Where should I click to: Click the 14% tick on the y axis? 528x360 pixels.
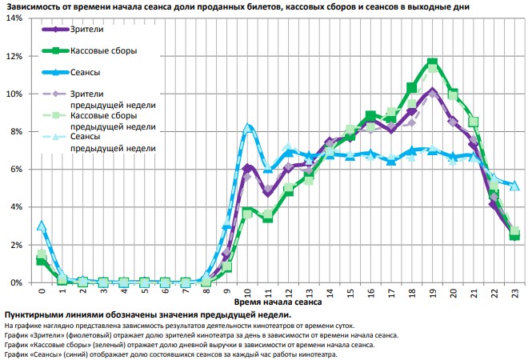[14, 18]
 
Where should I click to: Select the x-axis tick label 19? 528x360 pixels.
[433, 293]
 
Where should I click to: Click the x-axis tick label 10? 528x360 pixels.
[247, 293]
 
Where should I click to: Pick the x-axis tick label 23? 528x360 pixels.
[515, 293]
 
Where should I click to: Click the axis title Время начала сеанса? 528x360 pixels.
[278, 304]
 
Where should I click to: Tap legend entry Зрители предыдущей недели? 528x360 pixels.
[112, 99]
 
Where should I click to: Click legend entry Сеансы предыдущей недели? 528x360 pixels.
[112, 142]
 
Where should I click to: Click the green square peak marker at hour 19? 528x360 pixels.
[433, 62]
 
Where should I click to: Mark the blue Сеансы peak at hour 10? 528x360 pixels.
[248, 126]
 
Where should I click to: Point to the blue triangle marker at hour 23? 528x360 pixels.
[515, 186]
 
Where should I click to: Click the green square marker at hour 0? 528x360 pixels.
[41, 262]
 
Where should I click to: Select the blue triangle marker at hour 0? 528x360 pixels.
[41, 226]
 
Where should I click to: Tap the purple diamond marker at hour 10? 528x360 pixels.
[248, 168]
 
